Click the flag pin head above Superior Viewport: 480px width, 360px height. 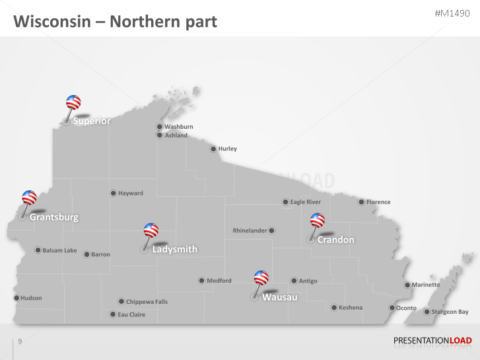[x=73, y=102]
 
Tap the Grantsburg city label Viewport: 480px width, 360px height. [x=53, y=217]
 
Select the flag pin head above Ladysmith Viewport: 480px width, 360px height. [x=151, y=230]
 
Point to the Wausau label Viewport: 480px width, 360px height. [x=279, y=297]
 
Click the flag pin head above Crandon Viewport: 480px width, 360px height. [x=318, y=220]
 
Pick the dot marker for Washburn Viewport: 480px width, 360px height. [x=159, y=127]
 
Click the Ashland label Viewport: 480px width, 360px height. [x=176, y=135]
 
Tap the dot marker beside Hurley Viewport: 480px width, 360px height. [x=213, y=149]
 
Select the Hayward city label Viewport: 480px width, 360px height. [x=131, y=194]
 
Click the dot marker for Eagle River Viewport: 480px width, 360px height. [x=285, y=202]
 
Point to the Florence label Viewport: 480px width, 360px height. [x=378, y=202]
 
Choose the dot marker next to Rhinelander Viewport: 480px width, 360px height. [x=271, y=231]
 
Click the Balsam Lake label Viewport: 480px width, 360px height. [x=59, y=250]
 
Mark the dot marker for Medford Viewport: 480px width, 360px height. [x=201, y=281]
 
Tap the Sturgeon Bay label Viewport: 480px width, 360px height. [x=450, y=312]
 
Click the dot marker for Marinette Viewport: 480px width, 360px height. [x=407, y=285]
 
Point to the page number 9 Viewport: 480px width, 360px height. [x=20, y=342]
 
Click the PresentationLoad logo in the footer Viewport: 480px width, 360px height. [x=432, y=341]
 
